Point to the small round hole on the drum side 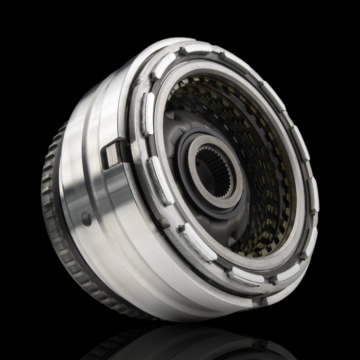click(86, 218)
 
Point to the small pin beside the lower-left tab click(181, 227)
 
